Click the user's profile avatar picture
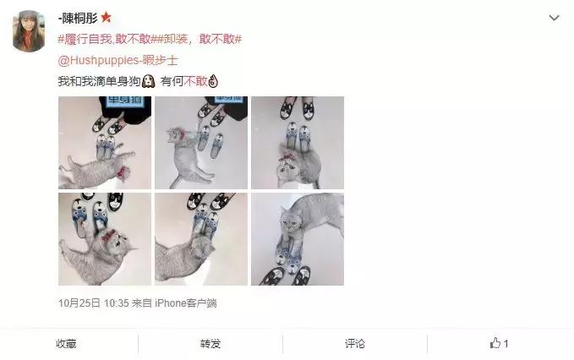click(x=30, y=31)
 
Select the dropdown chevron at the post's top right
click(x=554, y=18)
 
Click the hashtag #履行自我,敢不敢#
click(x=102, y=39)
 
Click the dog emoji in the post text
click(x=148, y=81)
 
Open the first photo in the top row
click(x=105, y=142)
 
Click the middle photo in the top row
click(x=201, y=142)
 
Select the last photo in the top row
click(x=298, y=142)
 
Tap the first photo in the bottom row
click(x=105, y=239)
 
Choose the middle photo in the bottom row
click(x=201, y=239)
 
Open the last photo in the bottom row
click(x=298, y=239)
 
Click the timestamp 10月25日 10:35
click(x=95, y=303)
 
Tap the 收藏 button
click(x=66, y=344)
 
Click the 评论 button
click(x=355, y=344)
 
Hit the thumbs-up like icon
click(x=495, y=344)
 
